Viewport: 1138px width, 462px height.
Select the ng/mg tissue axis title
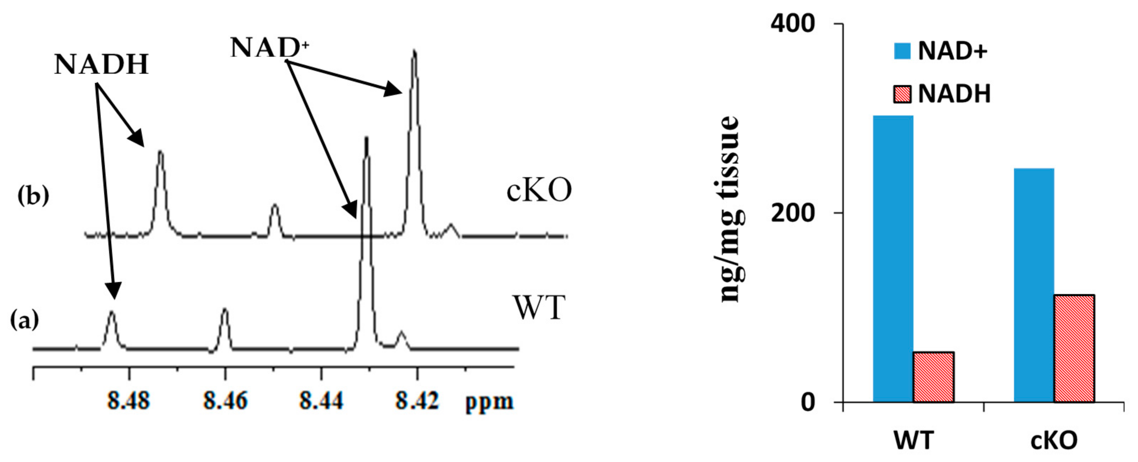pos(731,210)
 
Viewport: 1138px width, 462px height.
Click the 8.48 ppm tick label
pos(129,401)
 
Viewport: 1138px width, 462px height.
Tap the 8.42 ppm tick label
pos(417,401)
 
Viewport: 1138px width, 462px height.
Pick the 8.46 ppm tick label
pos(225,401)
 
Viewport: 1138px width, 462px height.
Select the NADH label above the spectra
pos(101,64)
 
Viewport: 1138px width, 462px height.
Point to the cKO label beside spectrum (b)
pos(539,191)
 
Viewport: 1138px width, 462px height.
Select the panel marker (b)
pos(33,196)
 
